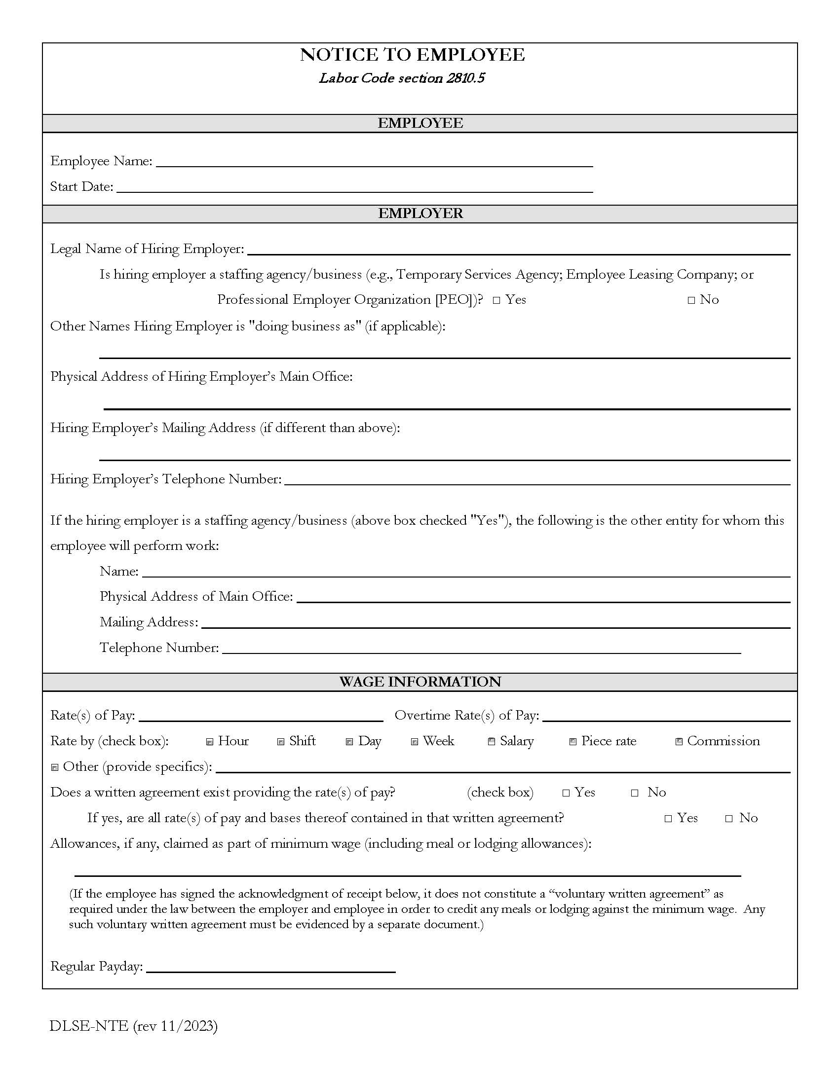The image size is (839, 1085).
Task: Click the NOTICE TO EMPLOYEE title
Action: click(x=412, y=55)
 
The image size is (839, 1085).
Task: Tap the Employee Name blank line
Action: click(x=374, y=162)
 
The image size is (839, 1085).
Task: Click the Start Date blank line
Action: click(x=354, y=187)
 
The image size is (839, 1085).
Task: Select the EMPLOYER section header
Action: click(x=420, y=214)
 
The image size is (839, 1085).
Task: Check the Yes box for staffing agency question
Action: click(x=496, y=300)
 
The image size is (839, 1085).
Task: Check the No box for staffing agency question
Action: click(x=691, y=300)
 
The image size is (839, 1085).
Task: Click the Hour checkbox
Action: click(x=210, y=742)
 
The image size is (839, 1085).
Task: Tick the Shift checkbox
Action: click(x=281, y=742)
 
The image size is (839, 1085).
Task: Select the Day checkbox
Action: click(x=349, y=742)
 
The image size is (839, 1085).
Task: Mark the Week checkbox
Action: click(x=415, y=742)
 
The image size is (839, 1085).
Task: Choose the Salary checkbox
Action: click(x=492, y=742)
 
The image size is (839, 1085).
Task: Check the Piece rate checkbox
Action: click(x=573, y=742)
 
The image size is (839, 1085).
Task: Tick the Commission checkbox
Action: click(x=679, y=742)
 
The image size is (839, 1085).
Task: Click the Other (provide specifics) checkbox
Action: click(x=55, y=767)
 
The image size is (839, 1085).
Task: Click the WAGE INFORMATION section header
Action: click(x=420, y=682)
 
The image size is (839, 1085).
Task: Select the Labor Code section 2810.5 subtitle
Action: click(x=402, y=78)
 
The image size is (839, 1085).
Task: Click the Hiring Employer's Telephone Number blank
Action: click(x=537, y=480)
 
